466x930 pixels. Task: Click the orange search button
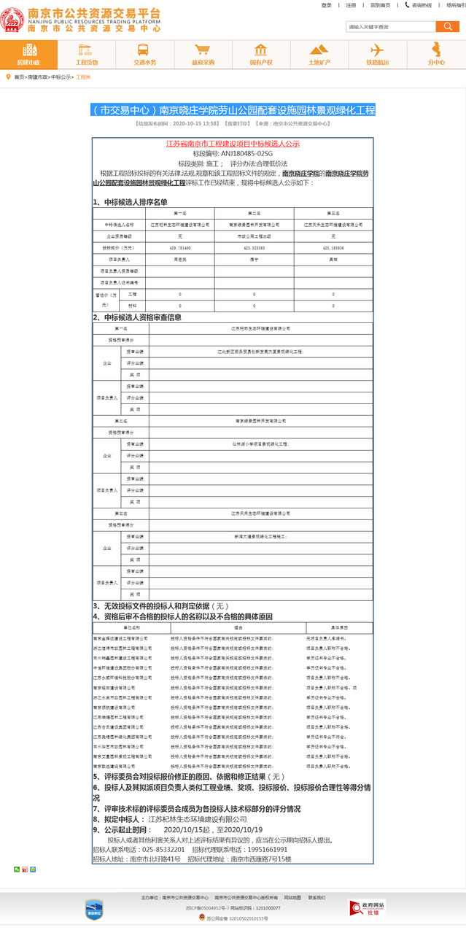click(447, 27)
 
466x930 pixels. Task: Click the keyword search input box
click(390, 27)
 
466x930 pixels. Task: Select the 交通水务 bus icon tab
click(144, 55)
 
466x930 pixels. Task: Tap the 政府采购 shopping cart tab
click(203, 55)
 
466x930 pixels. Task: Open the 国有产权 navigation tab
click(261, 55)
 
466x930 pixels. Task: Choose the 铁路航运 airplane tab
click(377, 55)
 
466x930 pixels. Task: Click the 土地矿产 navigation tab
click(319, 55)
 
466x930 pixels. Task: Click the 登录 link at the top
click(326, 5)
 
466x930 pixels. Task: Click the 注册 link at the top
click(351, 5)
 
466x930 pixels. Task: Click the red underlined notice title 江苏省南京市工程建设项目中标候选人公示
click(233, 144)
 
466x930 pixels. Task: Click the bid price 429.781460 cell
click(179, 248)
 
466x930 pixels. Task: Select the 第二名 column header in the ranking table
click(255, 213)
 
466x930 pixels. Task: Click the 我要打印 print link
click(237, 124)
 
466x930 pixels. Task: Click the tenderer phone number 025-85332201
click(163, 850)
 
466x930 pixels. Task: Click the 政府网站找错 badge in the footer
click(368, 908)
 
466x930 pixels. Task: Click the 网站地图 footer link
click(292, 897)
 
